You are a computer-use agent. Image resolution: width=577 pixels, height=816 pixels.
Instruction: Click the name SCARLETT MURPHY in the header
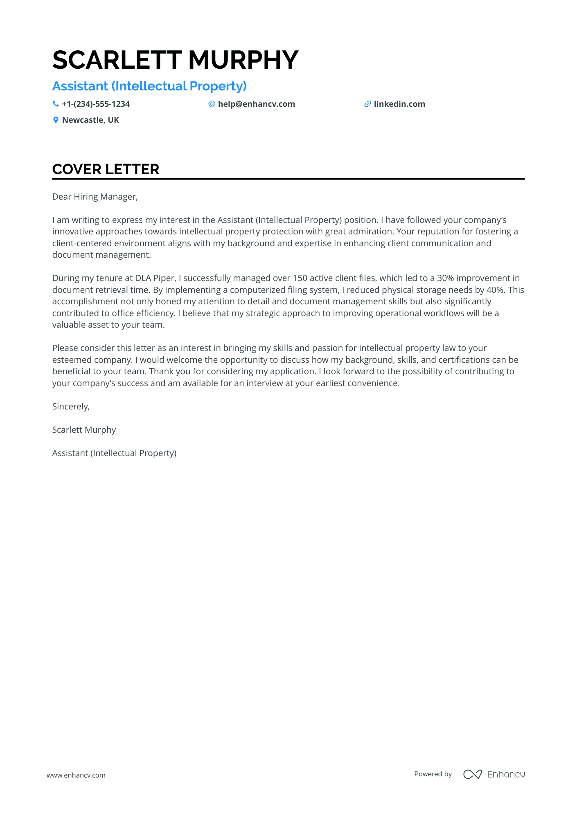[x=175, y=60]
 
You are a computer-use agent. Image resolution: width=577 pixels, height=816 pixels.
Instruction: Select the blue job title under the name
[x=149, y=86]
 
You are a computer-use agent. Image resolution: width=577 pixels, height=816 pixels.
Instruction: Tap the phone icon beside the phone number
[x=56, y=104]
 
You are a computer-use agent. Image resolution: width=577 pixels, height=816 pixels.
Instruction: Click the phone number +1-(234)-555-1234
[x=96, y=104]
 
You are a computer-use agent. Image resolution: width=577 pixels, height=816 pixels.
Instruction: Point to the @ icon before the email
[x=212, y=104]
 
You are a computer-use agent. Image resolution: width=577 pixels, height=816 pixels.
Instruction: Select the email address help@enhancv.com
[x=256, y=104]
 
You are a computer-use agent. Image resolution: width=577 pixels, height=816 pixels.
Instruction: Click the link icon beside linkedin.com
[x=367, y=104]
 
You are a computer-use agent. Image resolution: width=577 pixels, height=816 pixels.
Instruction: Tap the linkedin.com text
[x=399, y=104]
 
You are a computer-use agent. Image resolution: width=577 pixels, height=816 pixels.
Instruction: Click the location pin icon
[x=56, y=120]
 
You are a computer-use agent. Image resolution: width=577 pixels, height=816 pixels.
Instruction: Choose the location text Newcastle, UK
[x=90, y=120]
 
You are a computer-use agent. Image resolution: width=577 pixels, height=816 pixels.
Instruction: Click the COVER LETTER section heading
[x=106, y=169]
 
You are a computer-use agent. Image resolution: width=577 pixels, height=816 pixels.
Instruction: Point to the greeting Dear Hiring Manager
[x=95, y=197]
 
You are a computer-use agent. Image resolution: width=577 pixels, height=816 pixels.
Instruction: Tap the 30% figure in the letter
[x=445, y=278]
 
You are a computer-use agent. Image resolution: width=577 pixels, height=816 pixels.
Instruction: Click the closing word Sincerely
[x=71, y=407]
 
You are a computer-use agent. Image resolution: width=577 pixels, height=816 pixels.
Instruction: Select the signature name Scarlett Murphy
[x=84, y=430]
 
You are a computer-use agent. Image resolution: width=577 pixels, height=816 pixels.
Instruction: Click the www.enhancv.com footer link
[x=76, y=775]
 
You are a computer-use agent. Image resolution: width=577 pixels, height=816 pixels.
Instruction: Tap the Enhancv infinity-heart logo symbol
[x=472, y=774]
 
